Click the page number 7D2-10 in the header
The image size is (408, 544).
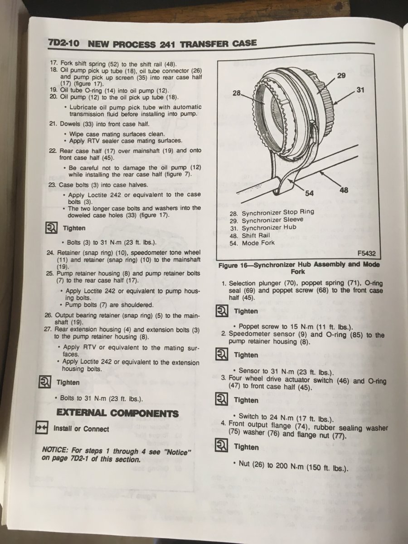coord(64,43)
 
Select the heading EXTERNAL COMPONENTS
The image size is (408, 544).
coord(117,413)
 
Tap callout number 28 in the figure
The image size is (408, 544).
coord(237,93)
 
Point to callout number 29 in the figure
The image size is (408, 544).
coord(341,76)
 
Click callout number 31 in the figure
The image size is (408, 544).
coord(360,90)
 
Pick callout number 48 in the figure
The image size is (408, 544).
coord(344,190)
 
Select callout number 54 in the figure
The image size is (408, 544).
coord(309,193)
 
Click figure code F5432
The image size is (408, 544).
coord(367,253)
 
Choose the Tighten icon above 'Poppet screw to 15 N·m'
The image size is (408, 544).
coord(222,311)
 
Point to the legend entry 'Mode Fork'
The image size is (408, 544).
coord(258,243)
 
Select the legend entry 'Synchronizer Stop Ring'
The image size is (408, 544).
coord(278,213)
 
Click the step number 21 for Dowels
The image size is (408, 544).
coord(53,124)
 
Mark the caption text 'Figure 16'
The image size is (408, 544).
coord(233,266)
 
